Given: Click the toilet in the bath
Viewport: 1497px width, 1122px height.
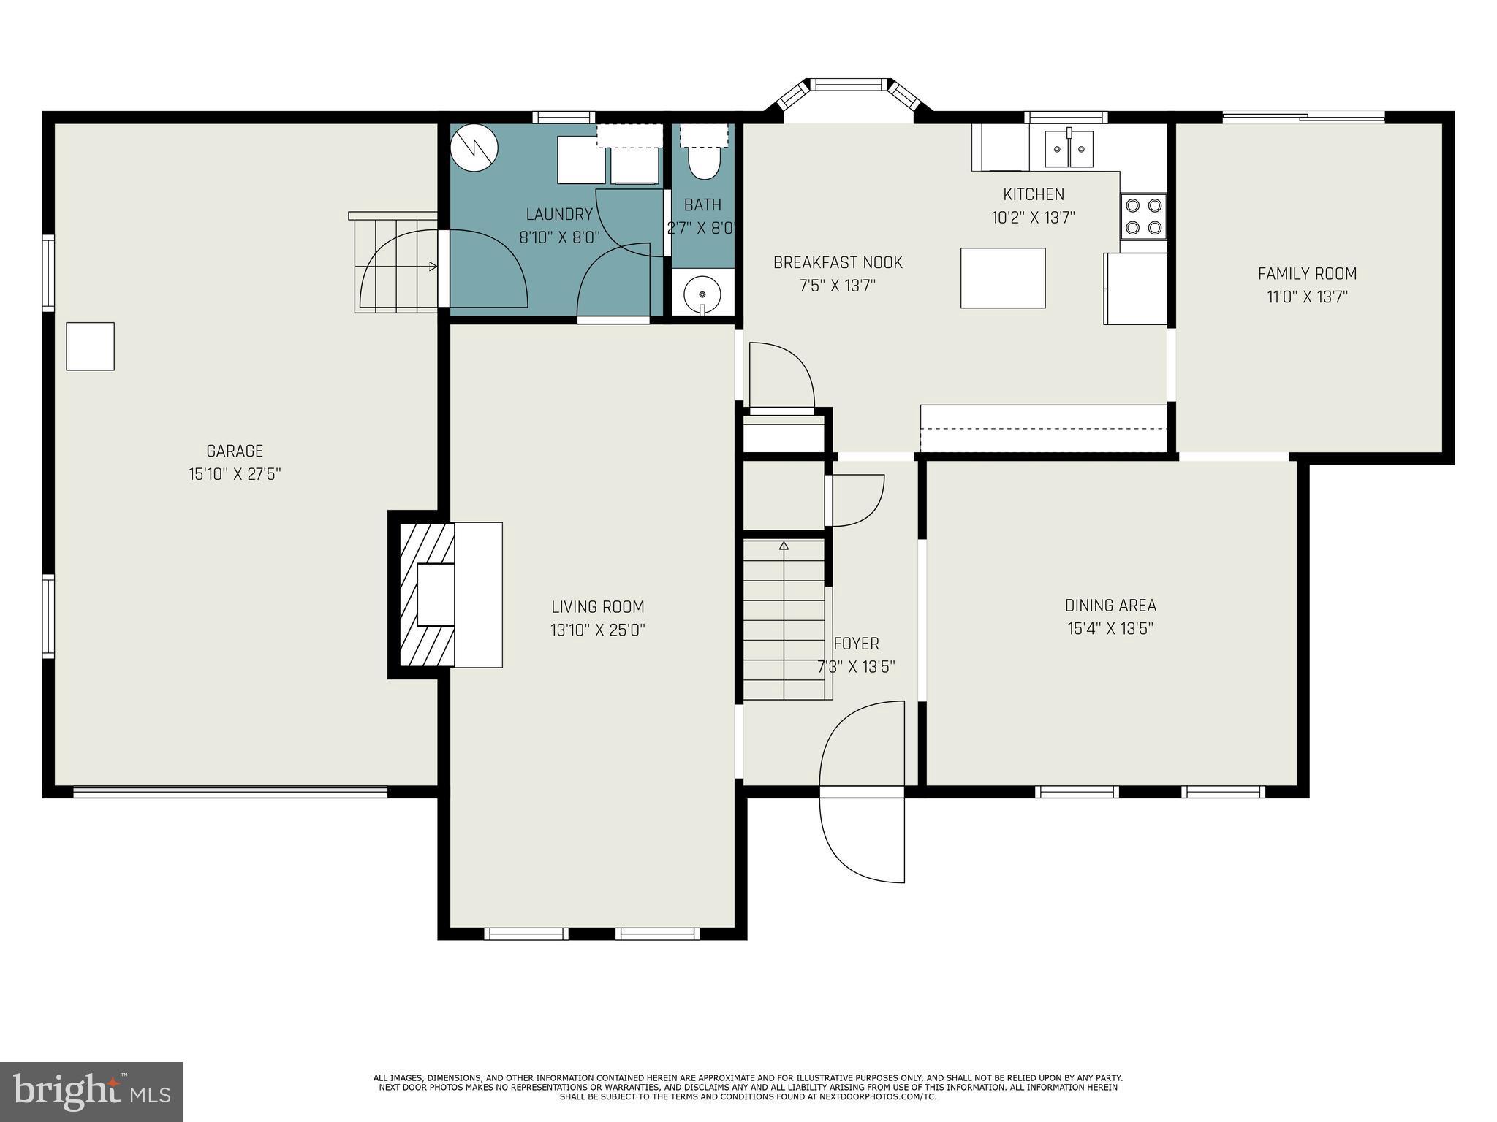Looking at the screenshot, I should [x=703, y=162].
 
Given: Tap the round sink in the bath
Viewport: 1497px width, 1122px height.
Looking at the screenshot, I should [x=702, y=294].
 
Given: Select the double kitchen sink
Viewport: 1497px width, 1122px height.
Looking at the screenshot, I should [x=1069, y=149].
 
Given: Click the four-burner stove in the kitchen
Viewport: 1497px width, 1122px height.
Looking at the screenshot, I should [x=1143, y=216].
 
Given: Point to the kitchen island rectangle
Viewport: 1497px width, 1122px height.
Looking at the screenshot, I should [x=1002, y=278].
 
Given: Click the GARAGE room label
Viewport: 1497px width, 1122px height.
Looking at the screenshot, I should [x=234, y=451].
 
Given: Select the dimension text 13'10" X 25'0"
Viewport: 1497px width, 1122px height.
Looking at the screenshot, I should [x=597, y=630].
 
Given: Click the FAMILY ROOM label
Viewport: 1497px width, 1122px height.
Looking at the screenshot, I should [x=1307, y=274].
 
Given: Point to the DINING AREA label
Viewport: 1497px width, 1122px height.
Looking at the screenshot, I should [x=1110, y=606].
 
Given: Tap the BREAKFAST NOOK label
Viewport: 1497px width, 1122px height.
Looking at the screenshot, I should [x=838, y=262].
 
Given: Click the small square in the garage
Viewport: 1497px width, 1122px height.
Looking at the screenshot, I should [x=90, y=346].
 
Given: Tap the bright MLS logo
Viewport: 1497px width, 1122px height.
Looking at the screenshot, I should [x=91, y=1091].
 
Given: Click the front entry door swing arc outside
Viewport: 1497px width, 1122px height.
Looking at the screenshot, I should [x=863, y=840].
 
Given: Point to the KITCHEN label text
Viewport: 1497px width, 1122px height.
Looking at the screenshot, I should [x=1033, y=194].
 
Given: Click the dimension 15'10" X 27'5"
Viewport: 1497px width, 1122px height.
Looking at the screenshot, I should [x=234, y=474].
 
